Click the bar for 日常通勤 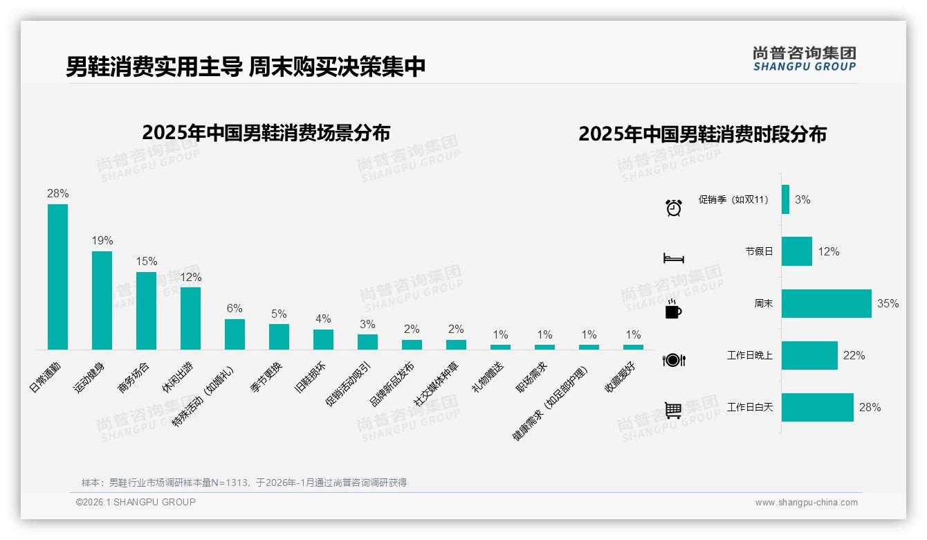[57, 277]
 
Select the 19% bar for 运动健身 [102, 300]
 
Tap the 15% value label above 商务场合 [146, 262]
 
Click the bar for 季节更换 [279, 336]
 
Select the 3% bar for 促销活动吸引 [367, 342]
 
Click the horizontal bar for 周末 [826, 303]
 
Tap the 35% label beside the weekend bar [888, 304]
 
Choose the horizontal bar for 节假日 [796, 251]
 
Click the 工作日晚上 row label [749, 356]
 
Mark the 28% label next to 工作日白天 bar [870, 408]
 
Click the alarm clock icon [674, 207]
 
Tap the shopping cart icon [673, 411]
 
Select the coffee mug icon [672, 309]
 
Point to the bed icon [673, 258]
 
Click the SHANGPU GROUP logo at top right [804, 59]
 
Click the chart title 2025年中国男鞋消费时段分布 [702, 134]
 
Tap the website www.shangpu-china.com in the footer [806, 503]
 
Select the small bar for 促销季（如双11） [785, 199]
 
